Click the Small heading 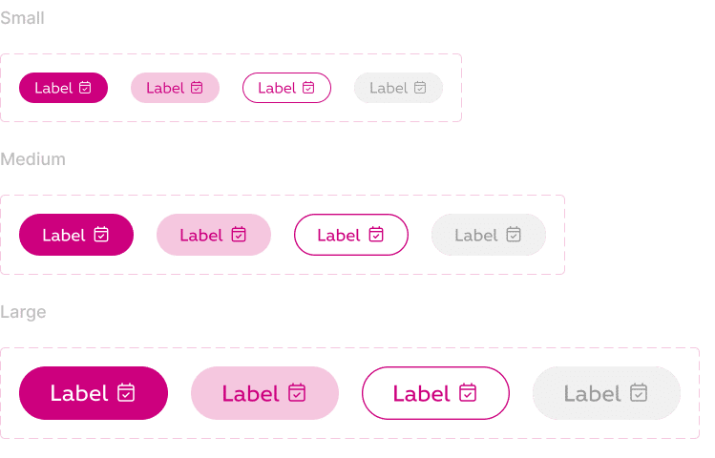(x=22, y=18)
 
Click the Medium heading (x=32, y=159)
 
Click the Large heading (x=23, y=312)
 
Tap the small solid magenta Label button (x=63, y=88)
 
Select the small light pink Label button (x=175, y=88)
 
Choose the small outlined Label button (x=286, y=88)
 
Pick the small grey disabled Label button (x=398, y=88)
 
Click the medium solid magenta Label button (x=76, y=235)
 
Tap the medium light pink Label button (x=214, y=235)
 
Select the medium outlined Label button (x=351, y=235)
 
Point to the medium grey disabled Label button (x=489, y=235)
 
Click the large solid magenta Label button (x=94, y=393)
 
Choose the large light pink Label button (x=265, y=393)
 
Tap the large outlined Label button (x=436, y=393)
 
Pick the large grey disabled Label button (x=607, y=393)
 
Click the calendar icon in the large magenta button (x=126, y=392)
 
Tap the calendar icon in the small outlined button (x=308, y=87)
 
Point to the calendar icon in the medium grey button (x=514, y=234)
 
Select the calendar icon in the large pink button (x=297, y=392)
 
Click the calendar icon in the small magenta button (x=85, y=87)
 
